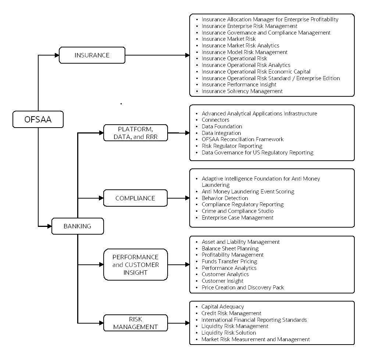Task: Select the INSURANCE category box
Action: pyautogui.click(x=92, y=56)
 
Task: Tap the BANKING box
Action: pyautogui.click(x=77, y=226)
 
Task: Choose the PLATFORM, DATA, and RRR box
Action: pyautogui.click(x=135, y=133)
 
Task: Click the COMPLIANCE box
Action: pyautogui.click(x=135, y=198)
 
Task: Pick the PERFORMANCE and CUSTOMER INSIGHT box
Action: pyautogui.click(x=135, y=264)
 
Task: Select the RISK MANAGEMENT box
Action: pyautogui.click(x=135, y=323)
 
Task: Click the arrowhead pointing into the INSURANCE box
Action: pyautogui.click(x=57, y=56)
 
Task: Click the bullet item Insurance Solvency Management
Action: pyautogui.click(x=242, y=91)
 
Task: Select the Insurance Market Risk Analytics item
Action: pyautogui.click(x=240, y=46)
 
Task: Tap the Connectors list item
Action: pyautogui.click(x=215, y=120)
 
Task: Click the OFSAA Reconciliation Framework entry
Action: pyautogui.click(x=243, y=139)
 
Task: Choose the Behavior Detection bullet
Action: pyautogui.click(x=225, y=198)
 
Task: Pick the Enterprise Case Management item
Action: pyautogui.click(x=237, y=218)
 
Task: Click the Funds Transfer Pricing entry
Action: pyautogui.click(x=229, y=261)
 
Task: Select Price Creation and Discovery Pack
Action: pyautogui.click(x=243, y=288)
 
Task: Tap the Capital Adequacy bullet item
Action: pyautogui.click(x=223, y=307)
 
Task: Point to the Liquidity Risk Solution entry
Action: pyautogui.click(x=229, y=333)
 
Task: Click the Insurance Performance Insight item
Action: pyautogui.click(x=239, y=85)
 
